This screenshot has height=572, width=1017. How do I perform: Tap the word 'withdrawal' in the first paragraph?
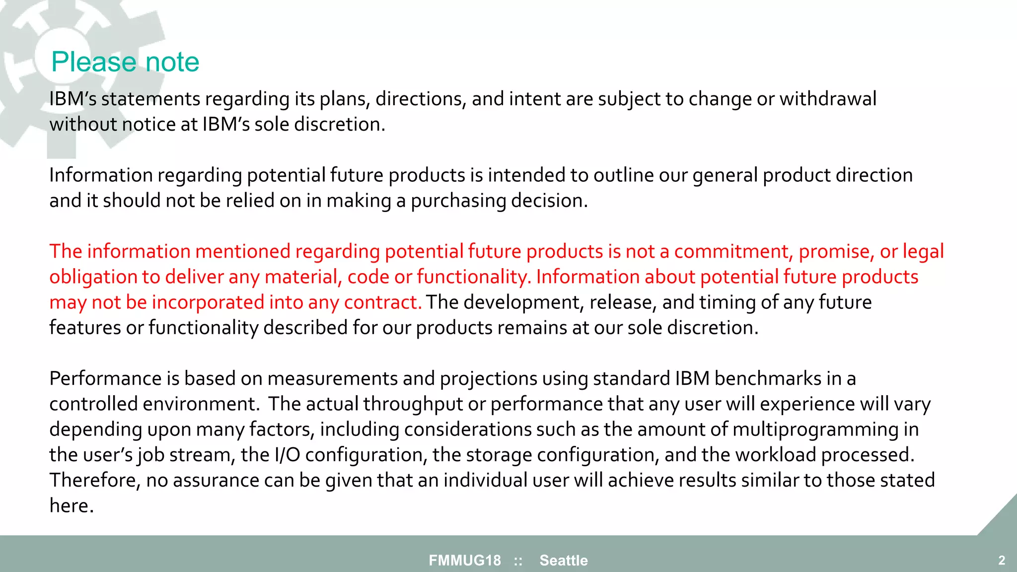point(827,99)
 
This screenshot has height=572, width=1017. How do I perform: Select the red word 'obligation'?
point(93,277)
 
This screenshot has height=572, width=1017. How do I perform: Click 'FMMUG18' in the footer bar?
point(465,561)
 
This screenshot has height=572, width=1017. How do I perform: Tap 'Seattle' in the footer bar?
point(564,561)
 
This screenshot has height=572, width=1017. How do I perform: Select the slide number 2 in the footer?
point(1002,561)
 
